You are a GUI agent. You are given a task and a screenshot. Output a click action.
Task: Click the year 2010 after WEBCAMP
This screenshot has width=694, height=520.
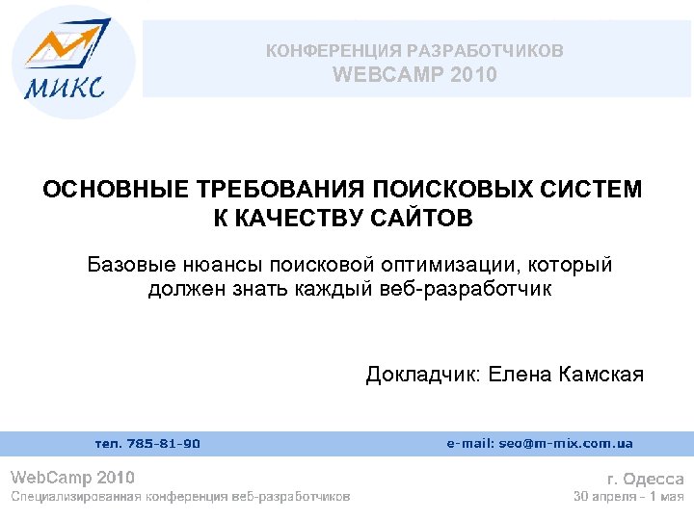pyautogui.click(x=473, y=74)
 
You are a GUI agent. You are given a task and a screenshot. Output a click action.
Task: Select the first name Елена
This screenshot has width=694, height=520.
pyautogui.click(x=520, y=374)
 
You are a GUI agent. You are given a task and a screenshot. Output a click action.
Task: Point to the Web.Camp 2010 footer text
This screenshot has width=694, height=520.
pyautogui.click(x=72, y=478)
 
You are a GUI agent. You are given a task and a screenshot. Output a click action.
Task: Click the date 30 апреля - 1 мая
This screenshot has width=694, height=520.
pyautogui.click(x=628, y=497)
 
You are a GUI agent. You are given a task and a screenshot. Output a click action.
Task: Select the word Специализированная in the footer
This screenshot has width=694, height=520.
pyautogui.click(x=74, y=497)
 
